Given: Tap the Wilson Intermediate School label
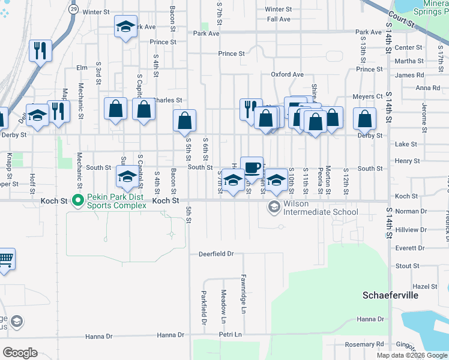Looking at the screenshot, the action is (x=312, y=208).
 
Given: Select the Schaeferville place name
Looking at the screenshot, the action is (x=390, y=295).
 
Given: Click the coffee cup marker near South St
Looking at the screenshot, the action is (x=252, y=167).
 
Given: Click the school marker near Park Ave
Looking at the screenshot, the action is (x=126, y=27).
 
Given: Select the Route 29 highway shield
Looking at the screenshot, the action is (x=73, y=10).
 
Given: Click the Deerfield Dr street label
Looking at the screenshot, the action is (x=216, y=254).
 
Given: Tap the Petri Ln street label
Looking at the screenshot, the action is (x=230, y=334).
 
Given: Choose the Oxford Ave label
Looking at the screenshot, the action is (x=287, y=74).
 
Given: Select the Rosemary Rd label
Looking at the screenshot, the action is (x=368, y=344).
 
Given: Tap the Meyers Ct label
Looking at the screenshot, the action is (x=367, y=97).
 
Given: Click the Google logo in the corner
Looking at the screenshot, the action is (x=20, y=353).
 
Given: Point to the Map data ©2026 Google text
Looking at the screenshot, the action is (x=411, y=355).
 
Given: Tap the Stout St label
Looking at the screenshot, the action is (x=407, y=266).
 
